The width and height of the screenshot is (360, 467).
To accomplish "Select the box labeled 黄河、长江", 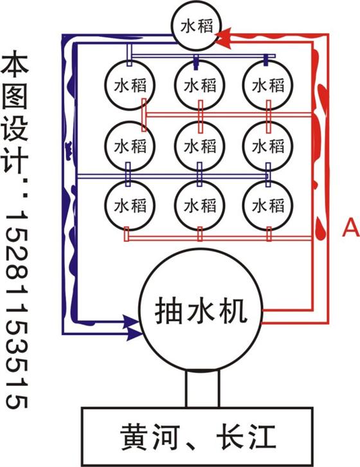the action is [197, 436].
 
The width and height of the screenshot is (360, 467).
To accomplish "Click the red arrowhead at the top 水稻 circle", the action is [224, 38].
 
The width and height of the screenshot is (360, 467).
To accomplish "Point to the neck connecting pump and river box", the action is [203, 389].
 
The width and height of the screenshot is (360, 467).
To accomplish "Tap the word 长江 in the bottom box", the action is [246, 437].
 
